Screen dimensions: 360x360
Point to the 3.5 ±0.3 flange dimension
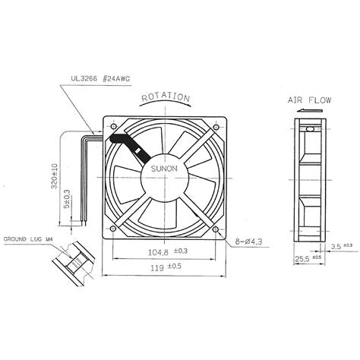[341, 246]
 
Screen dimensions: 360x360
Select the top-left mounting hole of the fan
[112, 124]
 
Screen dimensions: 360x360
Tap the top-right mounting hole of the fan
[216, 124]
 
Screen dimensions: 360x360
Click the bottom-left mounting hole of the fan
[112, 228]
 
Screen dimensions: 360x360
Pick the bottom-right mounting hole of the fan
[216, 228]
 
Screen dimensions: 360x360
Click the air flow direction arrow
[305, 111]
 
